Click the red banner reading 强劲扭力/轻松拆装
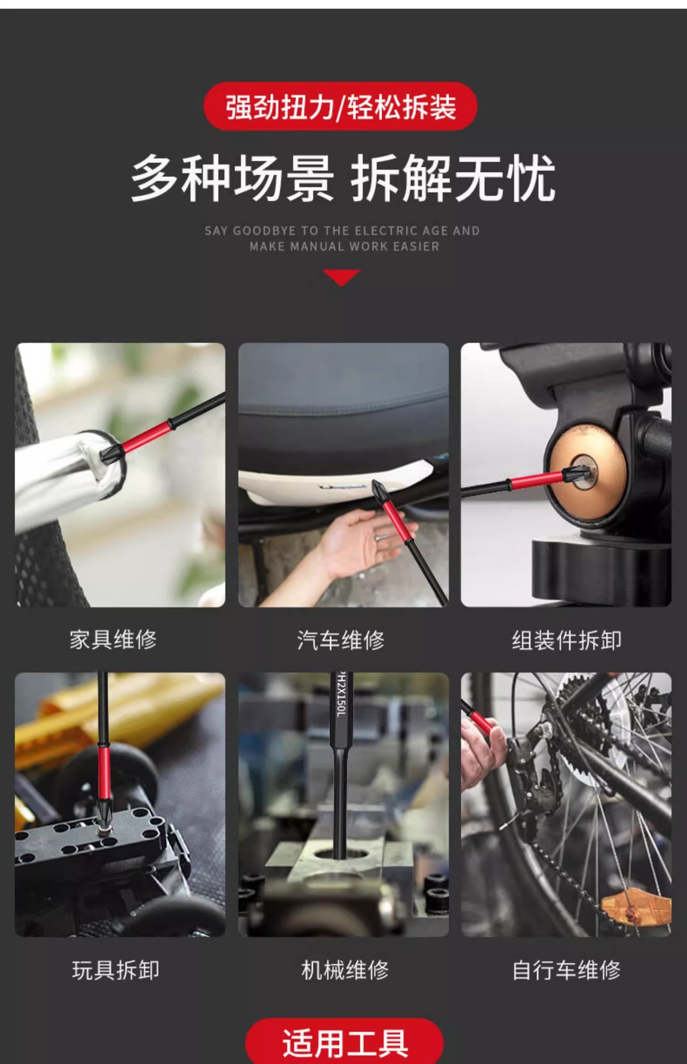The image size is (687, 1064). [340, 106]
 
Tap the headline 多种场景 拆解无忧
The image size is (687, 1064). [343, 178]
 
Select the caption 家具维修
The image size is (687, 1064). [113, 640]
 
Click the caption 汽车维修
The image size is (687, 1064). [341, 640]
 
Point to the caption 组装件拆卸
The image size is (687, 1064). [566, 640]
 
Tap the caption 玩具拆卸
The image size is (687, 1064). [116, 970]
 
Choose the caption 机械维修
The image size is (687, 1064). [345, 970]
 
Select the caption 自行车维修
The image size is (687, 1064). [566, 970]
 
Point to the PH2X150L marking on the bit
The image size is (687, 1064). [341, 694]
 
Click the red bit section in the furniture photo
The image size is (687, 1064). [146, 436]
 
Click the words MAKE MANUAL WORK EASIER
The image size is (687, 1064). [344, 247]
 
